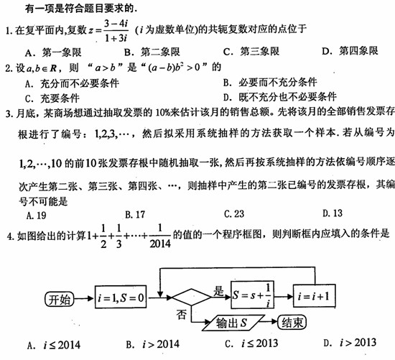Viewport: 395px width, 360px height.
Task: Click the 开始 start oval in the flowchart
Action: (x=60, y=299)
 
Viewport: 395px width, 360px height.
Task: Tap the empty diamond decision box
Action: (x=192, y=297)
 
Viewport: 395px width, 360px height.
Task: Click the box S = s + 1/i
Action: (x=252, y=295)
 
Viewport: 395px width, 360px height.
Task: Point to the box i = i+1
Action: (x=314, y=296)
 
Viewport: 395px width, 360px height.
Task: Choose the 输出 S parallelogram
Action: (x=233, y=323)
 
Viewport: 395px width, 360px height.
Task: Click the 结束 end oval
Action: (x=292, y=322)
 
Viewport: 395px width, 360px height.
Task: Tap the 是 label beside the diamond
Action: (x=218, y=291)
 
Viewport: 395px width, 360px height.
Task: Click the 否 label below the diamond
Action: (x=182, y=314)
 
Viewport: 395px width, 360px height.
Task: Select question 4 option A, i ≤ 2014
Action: (x=54, y=345)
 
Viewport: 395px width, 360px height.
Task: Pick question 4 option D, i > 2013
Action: (x=350, y=343)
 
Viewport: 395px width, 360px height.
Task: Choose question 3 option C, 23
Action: (x=234, y=214)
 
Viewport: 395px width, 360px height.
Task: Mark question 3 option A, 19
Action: (x=37, y=216)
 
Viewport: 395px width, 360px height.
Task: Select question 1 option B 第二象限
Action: (x=152, y=52)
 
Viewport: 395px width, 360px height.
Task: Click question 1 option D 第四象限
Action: (x=350, y=51)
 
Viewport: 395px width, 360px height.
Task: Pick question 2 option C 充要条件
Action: (x=52, y=98)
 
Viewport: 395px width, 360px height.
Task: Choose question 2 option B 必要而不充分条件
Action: (x=270, y=82)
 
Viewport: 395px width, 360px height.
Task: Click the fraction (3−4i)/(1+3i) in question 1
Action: (x=116, y=30)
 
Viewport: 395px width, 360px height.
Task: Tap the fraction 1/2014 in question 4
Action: (x=160, y=236)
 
